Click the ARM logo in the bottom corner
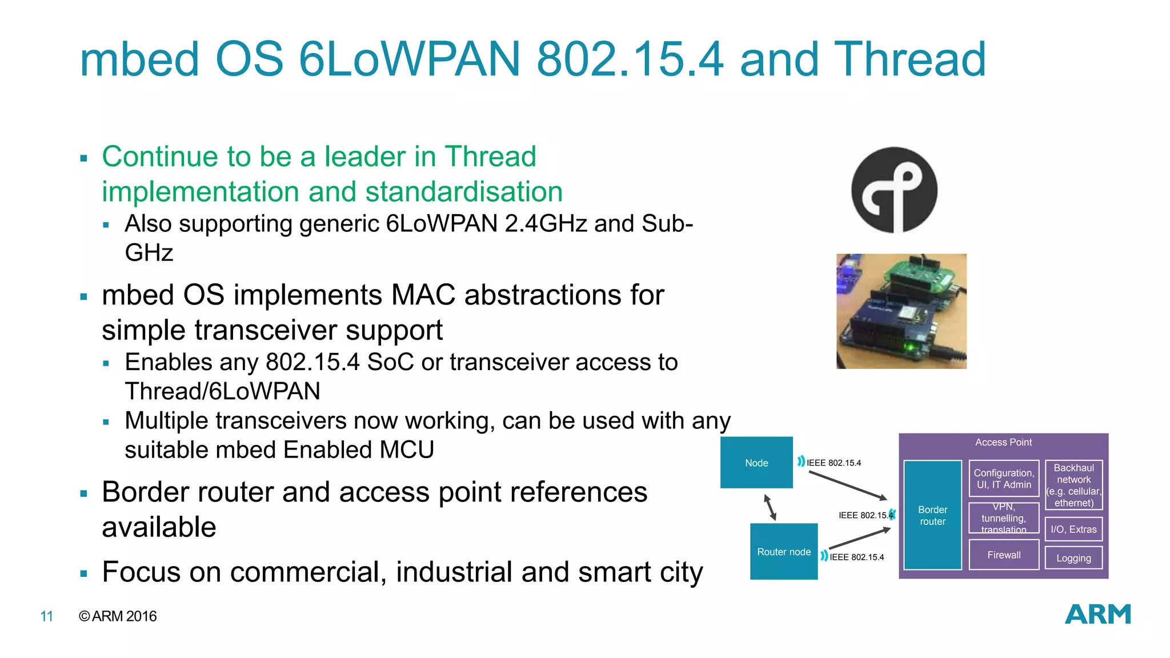point(1097,614)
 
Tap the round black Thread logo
point(894,190)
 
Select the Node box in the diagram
point(756,463)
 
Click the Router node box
point(784,552)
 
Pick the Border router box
point(932,515)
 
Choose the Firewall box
point(1004,555)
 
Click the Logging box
point(1073,558)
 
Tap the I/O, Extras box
point(1073,529)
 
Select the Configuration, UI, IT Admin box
point(1004,479)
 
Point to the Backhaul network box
point(1073,485)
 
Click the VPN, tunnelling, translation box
point(1004,518)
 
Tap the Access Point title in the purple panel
point(1003,442)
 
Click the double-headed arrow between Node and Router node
point(770,507)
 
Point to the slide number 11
point(47,616)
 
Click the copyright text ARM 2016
point(118,616)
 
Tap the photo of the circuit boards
point(901,311)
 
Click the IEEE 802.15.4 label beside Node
point(834,463)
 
